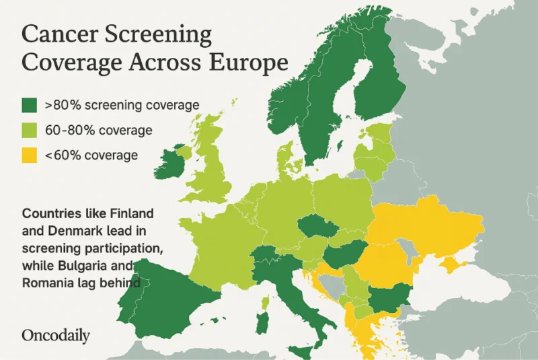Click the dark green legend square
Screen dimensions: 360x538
(x=29, y=105)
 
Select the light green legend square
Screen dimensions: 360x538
(x=29, y=130)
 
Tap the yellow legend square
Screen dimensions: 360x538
(x=29, y=155)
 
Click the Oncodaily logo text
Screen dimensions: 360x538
(x=56, y=335)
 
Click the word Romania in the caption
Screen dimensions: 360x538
(x=49, y=283)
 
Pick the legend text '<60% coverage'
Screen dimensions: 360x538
(x=91, y=155)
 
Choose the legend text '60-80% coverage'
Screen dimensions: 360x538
(x=98, y=130)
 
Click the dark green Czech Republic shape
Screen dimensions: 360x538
(x=315, y=227)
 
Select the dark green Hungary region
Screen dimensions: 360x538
(x=344, y=256)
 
